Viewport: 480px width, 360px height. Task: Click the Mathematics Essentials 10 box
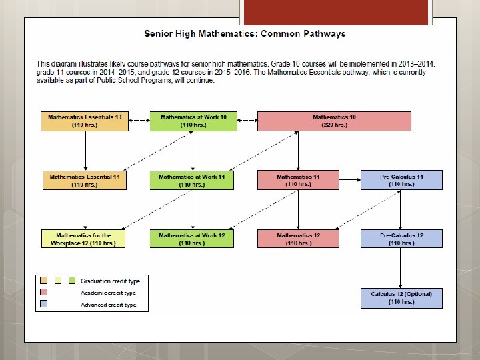(85, 121)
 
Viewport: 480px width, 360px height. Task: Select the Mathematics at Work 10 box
(193, 121)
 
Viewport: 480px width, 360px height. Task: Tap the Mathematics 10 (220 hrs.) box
(334, 121)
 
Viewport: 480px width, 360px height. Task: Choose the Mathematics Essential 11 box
(85, 180)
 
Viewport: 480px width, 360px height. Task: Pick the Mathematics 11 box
(298, 180)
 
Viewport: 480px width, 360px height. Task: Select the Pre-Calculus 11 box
(401, 180)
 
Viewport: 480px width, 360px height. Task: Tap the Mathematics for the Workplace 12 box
(83, 239)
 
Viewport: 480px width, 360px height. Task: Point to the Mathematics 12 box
(298, 239)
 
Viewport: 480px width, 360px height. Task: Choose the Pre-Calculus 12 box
(401, 239)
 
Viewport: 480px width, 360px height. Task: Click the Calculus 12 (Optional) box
(401, 297)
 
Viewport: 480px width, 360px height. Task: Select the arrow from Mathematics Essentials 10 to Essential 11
(85, 150)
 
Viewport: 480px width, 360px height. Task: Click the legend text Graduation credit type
(108, 281)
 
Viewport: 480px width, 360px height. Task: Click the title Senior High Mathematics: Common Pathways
(245, 33)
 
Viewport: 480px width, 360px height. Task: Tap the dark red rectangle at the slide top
(333, 12)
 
